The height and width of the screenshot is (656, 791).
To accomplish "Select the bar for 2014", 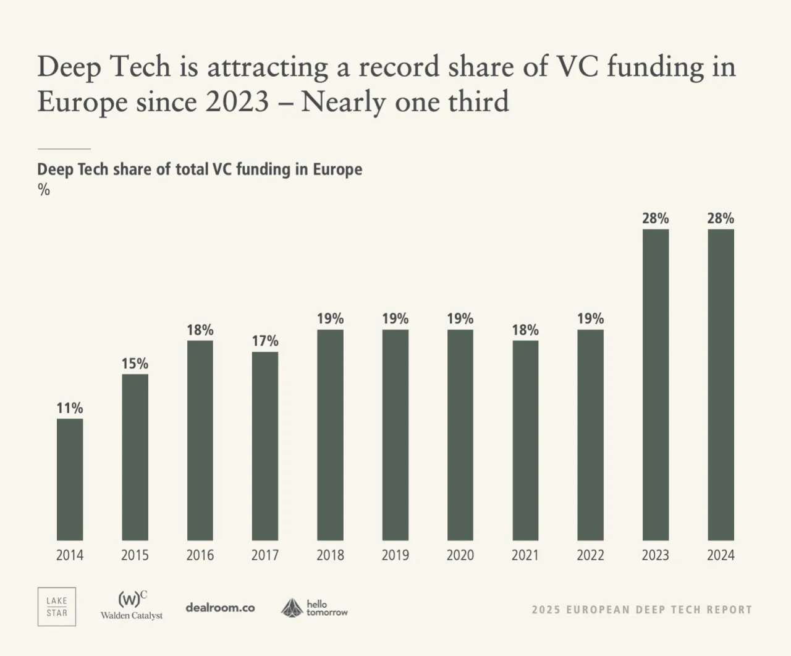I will (70, 480).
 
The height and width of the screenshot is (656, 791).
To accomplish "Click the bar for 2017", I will (265, 446).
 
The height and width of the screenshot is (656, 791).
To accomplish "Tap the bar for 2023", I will (656, 385).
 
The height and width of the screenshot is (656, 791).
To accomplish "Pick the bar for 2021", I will (525, 441).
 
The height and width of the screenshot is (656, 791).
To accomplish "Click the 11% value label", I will (70, 408).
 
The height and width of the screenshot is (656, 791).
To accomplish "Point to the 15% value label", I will (135, 364).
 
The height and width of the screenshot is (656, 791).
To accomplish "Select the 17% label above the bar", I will (265, 341).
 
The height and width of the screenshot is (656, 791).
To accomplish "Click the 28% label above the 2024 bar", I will (721, 218).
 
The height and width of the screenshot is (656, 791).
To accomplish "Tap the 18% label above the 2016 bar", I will (200, 330).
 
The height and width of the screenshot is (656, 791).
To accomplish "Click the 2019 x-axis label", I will (395, 555).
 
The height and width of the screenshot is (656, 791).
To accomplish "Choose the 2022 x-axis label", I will (590, 555).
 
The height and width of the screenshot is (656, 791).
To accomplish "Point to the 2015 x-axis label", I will (135, 555).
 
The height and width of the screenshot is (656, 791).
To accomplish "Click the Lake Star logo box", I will (57, 607).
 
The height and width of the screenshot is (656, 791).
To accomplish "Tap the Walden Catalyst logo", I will (132, 606).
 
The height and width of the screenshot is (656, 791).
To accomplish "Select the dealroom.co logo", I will (220, 608).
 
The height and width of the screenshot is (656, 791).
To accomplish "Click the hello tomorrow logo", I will (314, 608).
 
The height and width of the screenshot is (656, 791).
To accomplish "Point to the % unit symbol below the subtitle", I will (44, 190).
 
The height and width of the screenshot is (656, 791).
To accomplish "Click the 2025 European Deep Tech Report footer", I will (641, 610).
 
